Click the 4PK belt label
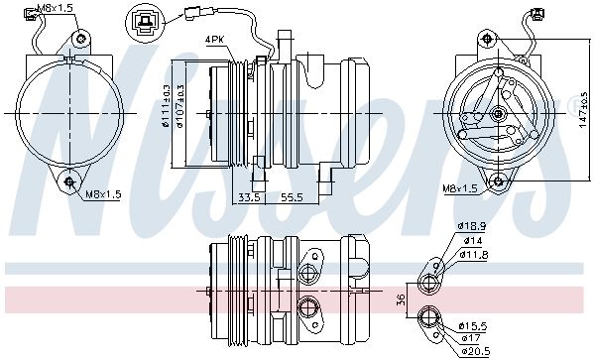click(215, 39)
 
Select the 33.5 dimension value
click(249, 197)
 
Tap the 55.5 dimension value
click(292, 197)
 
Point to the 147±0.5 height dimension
click(584, 109)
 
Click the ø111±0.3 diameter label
click(166, 106)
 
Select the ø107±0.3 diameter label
click(179, 106)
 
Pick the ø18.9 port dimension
click(472, 226)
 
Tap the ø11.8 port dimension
click(474, 255)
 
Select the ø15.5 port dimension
click(473, 326)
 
